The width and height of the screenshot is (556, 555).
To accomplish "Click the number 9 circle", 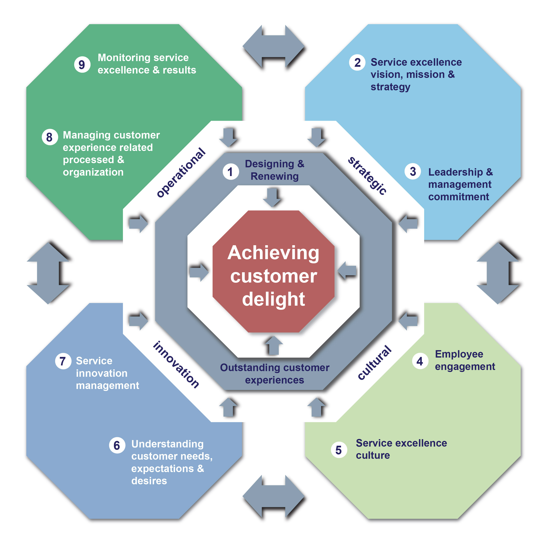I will pos(82,65).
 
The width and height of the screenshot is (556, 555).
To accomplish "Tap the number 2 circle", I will pos(357,62).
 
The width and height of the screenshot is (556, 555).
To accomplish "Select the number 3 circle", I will pos(413,172).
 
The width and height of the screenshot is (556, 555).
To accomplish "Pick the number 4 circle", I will pos(420,361).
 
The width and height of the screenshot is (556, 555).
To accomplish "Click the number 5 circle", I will pos(339,450).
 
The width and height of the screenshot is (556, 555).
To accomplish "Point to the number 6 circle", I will pos(117,445).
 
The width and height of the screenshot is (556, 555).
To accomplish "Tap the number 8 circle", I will pos(49,137).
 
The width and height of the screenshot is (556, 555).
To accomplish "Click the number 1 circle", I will pos(230,172).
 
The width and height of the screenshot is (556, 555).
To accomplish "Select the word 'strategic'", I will pos(367,176).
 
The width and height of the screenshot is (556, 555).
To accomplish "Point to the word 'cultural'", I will pos(374,363).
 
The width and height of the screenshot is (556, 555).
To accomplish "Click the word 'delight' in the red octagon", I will pos(273,299).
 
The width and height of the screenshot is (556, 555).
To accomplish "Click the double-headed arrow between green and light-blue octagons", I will pos(273,46).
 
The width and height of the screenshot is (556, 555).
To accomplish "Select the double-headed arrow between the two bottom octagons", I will pos(273,497).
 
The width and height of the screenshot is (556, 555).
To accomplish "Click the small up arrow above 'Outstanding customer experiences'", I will pos(273,345).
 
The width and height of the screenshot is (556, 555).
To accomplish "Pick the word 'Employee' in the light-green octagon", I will pos(459,354).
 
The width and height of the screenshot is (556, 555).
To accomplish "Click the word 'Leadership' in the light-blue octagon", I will pos(455,172).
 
